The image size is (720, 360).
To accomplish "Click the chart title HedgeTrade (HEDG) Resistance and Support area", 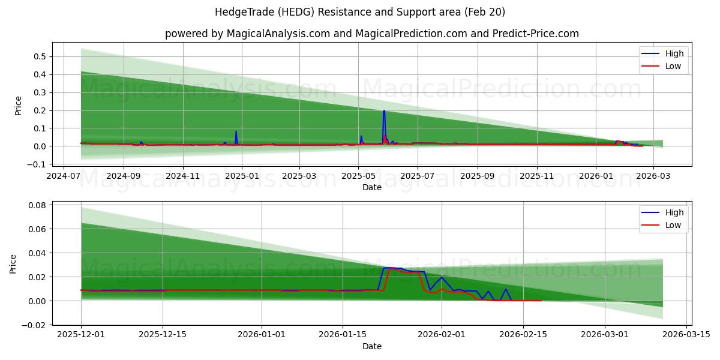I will (x=359, y=12).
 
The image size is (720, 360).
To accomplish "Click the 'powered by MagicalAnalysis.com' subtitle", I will (x=371, y=34).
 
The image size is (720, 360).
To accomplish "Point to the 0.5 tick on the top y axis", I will (x=39, y=56).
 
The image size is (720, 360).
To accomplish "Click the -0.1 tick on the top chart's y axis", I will (x=37, y=164).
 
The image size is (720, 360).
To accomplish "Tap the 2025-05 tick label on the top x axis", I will (x=358, y=176).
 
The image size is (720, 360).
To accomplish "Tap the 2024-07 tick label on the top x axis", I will (x=64, y=176).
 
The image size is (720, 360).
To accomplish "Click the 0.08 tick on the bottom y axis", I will (x=37, y=205).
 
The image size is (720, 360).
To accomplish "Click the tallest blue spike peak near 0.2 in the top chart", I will (x=384, y=111).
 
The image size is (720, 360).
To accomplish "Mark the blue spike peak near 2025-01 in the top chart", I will (x=236, y=131).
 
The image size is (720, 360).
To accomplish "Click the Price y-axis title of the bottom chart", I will (x=14, y=264).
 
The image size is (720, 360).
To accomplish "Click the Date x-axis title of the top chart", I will (x=371, y=187).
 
